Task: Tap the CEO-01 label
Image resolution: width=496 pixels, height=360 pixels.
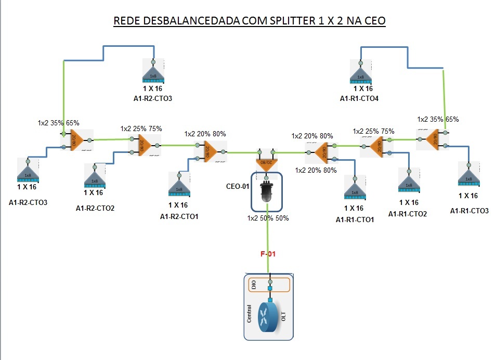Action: coord(239,186)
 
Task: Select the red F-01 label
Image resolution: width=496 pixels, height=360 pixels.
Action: coord(268,254)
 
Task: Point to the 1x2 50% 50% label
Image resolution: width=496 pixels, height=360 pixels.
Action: coord(268,218)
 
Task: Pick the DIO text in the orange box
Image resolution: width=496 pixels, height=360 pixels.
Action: coord(254,285)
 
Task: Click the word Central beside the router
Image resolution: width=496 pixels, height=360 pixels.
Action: coord(250,314)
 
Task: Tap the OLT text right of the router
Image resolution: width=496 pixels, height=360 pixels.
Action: coord(283,317)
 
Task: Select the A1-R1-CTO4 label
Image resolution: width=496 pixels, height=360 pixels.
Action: coord(360,98)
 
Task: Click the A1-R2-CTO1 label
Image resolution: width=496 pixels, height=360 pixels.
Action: coord(179,216)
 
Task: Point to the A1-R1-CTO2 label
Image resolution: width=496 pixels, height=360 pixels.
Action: coord(408,213)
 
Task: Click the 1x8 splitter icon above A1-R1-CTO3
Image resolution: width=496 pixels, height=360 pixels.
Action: coord(468,175)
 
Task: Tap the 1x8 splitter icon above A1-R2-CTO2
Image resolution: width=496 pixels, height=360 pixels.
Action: coord(94,177)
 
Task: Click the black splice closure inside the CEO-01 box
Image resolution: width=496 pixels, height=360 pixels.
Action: coord(266,192)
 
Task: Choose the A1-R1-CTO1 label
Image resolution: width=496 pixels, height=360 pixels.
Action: coord(355,220)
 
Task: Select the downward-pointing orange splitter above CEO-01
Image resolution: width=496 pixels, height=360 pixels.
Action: coord(265,159)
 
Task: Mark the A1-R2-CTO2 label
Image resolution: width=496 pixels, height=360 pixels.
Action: coord(95,208)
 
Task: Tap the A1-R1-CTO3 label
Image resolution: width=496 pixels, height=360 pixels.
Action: coord(469,211)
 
